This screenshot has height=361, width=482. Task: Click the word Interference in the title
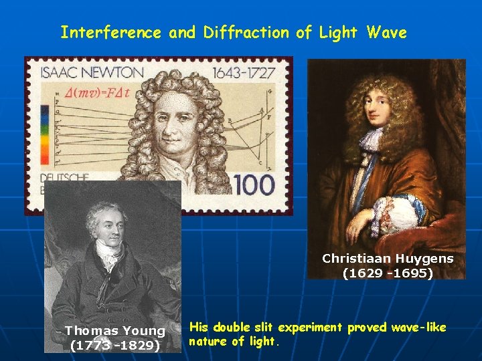110,32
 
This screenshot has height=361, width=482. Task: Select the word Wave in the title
386,32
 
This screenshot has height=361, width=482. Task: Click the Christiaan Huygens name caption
388,259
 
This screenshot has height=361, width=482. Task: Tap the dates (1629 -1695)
388,273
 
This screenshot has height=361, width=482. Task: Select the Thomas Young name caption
114,331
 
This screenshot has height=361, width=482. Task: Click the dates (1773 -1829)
114,346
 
